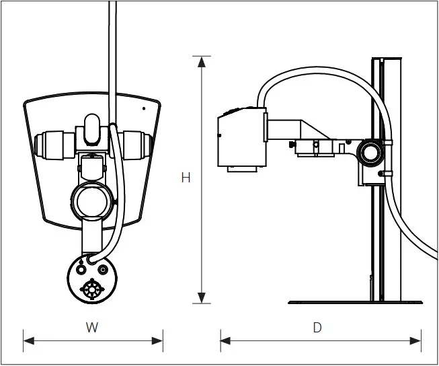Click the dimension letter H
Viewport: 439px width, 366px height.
tap(186, 178)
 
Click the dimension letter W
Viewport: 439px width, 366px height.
tap(92, 328)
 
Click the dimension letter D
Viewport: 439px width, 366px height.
tap(317, 328)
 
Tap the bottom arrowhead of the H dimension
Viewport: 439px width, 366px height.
tap(201, 298)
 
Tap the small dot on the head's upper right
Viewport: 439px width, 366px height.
tap(143, 108)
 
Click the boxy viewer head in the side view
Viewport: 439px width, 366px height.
tap(240, 138)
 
